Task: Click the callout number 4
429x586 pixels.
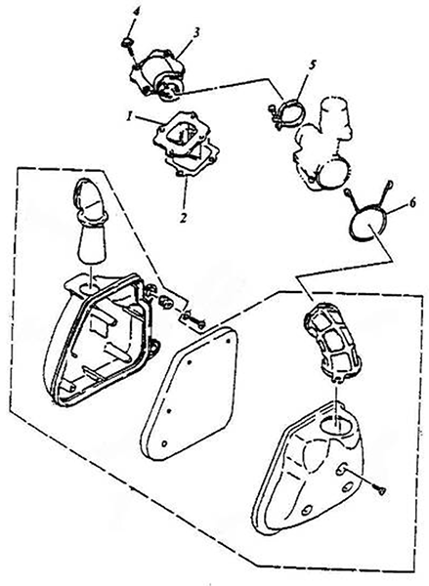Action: coord(137,12)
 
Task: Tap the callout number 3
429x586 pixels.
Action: coord(196,32)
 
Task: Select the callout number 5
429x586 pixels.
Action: coord(313,64)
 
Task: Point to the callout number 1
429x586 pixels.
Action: coord(129,117)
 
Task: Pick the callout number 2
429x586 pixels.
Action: coord(183,218)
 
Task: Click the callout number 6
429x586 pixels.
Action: coord(411,203)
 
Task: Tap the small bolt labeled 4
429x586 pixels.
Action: coord(128,43)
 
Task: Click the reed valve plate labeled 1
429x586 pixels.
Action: coord(179,136)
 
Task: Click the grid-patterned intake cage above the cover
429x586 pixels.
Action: coord(331,343)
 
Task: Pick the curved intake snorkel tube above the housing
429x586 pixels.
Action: coord(91,219)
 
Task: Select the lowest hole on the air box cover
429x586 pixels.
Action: coord(308,510)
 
